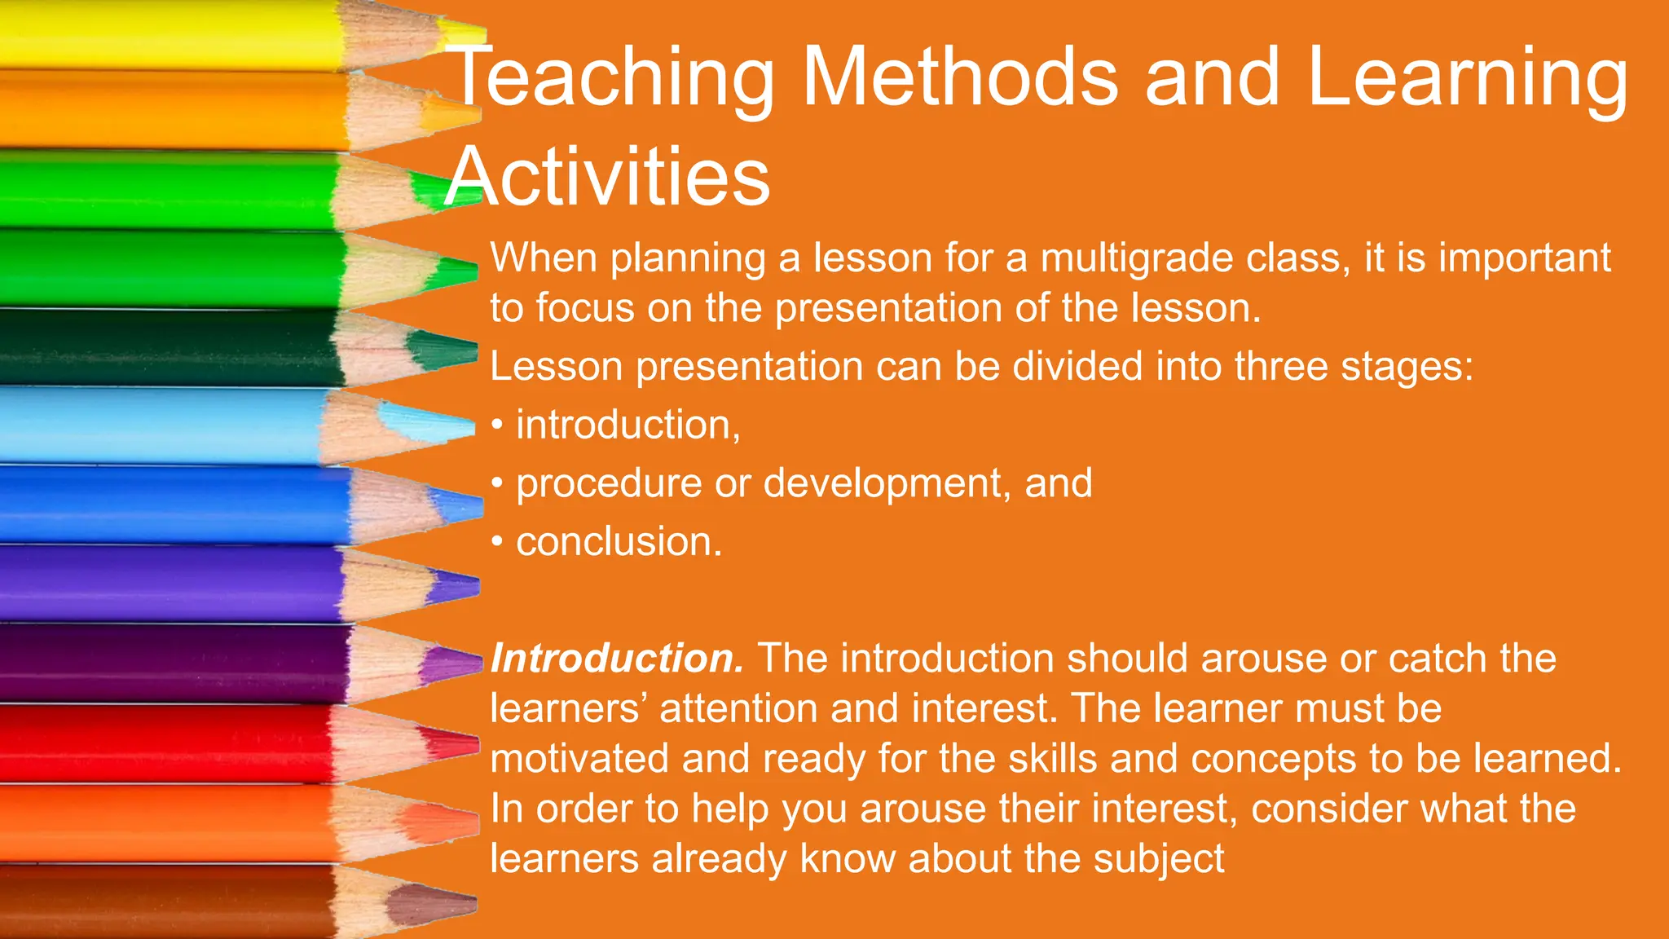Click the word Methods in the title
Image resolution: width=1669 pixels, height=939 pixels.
click(960, 77)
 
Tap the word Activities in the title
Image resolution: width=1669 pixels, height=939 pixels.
click(608, 177)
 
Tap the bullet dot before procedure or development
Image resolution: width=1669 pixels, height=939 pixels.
click(497, 483)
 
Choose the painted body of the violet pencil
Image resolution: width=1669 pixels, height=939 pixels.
click(163, 584)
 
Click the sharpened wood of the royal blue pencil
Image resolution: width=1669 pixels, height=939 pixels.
click(391, 505)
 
